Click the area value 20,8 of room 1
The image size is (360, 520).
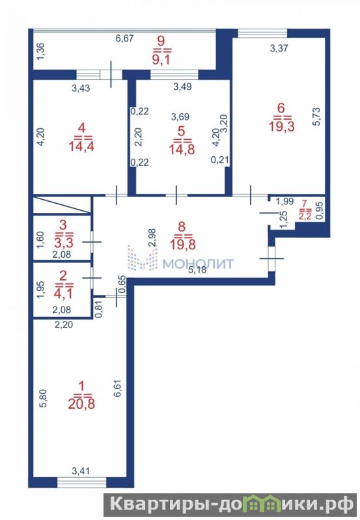pyautogui.click(x=81, y=404)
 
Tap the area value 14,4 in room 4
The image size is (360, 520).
pyautogui.click(x=81, y=146)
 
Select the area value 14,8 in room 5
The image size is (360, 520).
pyautogui.click(x=182, y=149)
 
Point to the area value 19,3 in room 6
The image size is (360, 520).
pyautogui.click(x=282, y=126)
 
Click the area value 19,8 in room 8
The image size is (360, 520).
pyautogui.click(x=183, y=245)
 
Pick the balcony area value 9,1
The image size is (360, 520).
pyautogui.click(x=161, y=61)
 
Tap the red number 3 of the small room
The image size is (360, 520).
pyautogui.click(x=62, y=225)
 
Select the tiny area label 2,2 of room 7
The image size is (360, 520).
pyautogui.click(x=305, y=217)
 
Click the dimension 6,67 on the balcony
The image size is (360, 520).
pyautogui.click(x=124, y=38)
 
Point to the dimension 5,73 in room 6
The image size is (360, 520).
pyautogui.click(x=316, y=116)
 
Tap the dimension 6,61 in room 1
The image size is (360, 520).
pyautogui.click(x=119, y=389)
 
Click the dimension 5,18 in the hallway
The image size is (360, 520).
pyautogui.click(x=197, y=270)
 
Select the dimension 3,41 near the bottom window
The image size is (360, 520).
pyautogui.click(x=81, y=471)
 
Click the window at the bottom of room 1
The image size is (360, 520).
pyautogui.click(x=81, y=482)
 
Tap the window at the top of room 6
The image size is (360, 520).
pyautogui.click(x=262, y=33)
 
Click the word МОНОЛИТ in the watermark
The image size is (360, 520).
pyautogui.click(x=199, y=264)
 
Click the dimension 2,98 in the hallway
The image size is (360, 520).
pyautogui.click(x=152, y=238)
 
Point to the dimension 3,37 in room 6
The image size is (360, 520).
pyautogui.click(x=279, y=48)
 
